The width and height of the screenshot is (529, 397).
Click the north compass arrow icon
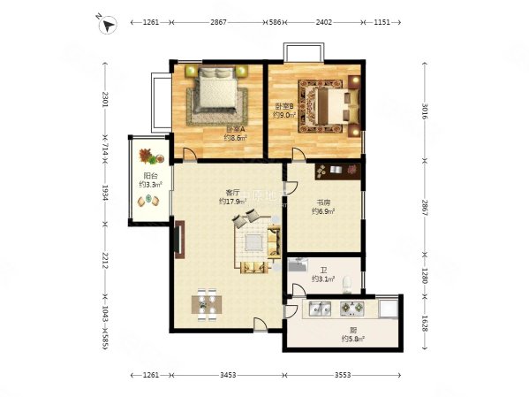coord(108,25)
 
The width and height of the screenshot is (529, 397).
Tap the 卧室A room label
coord(233,128)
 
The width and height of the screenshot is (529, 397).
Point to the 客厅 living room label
coord(233,192)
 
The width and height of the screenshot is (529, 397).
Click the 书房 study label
coord(321,202)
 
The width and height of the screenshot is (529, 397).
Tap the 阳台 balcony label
coord(149,176)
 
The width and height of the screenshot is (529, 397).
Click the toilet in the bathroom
coord(351,283)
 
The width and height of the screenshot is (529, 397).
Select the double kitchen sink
coord(317,309)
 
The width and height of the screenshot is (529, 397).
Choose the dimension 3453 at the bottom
coord(229,376)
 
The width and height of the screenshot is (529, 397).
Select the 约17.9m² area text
coord(233,202)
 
